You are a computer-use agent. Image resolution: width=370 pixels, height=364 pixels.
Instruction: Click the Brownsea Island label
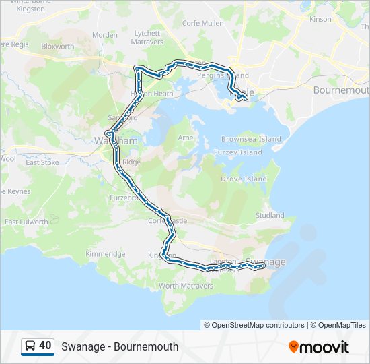pyautogui.click(x=251, y=139)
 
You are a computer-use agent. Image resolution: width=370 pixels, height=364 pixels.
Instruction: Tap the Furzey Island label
pyautogui.click(x=242, y=152)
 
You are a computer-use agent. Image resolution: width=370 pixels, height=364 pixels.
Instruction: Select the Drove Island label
pyautogui.click(x=244, y=179)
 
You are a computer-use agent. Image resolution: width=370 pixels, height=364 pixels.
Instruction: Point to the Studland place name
pyautogui.click(x=270, y=216)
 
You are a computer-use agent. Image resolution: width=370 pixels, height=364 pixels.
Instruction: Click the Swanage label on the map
pyautogui.click(x=266, y=262)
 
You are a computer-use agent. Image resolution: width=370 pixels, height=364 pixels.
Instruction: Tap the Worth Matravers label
pyautogui.click(x=186, y=286)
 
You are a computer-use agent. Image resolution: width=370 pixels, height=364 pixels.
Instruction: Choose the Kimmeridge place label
pyautogui.click(x=106, y=254)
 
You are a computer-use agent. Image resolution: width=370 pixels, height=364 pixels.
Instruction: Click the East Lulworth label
pyautogui.click(x=26, y=222)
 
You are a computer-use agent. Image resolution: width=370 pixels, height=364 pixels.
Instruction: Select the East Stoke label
pyautogui.click(x=42, y=162)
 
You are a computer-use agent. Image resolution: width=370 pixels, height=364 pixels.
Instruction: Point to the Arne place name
pyautogui.click(x=185, y=138)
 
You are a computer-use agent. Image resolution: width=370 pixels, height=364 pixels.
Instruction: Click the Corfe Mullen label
pyautogui.click(x=202, y=23)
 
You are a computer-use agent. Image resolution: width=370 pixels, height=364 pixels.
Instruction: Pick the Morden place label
pyautogui.click(x=104, y=35)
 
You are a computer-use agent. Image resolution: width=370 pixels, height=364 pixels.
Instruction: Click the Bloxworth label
pyautogui.click(x=58, y=47)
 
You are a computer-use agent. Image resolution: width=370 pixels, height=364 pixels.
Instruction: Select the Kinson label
pyautogui.click(x=320, y=19)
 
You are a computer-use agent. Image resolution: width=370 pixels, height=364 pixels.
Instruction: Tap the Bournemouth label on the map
pyautogui.click(x=341, y=90)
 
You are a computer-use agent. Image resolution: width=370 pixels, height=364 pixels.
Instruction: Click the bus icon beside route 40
pyautogui.click(x=30, y=346)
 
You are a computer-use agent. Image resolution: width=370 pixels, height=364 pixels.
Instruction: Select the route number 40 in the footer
pyautogui.click(x=45, y=346)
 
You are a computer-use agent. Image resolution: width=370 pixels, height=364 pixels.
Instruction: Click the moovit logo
pyautogui.click(x=319, y=347)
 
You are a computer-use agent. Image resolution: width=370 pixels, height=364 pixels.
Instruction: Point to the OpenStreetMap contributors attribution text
pyautogui.click(x=254, y=325)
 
